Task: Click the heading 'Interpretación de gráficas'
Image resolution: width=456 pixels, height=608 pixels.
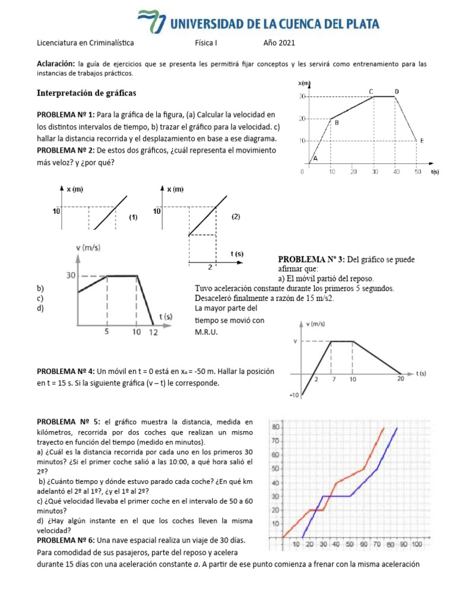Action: pyautogui.click(x=87, y=93)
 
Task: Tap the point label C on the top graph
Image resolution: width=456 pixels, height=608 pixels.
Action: pyautogui.click(x=371, y=91)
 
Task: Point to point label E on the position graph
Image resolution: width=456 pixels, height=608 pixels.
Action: pyautogui.click(x=422, y=141)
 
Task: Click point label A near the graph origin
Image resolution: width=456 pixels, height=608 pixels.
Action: pyautogui.click(x=315, y=159)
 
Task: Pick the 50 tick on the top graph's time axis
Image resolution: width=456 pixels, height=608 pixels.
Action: pyautogui.click(x=417, y=172)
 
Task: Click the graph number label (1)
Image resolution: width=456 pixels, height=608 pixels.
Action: pyautogui.click(x=133, y=217)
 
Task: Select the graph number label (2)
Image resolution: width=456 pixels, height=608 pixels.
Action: pyautogui.click(x=236, y=217)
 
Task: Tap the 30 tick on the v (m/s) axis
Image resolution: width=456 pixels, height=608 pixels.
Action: pyautogui.click(x=70, y=275)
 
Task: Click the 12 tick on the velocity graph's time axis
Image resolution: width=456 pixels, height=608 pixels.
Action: pyautogui.click(x=154, y=332)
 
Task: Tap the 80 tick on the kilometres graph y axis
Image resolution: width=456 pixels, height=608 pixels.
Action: pyautogui.click(x=275, y=427)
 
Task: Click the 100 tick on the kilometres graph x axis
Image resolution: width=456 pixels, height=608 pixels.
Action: pyautogui.click(x=416, y=544)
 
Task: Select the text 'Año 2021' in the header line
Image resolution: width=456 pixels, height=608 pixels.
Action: pyautogui.click(x=279, y=43)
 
